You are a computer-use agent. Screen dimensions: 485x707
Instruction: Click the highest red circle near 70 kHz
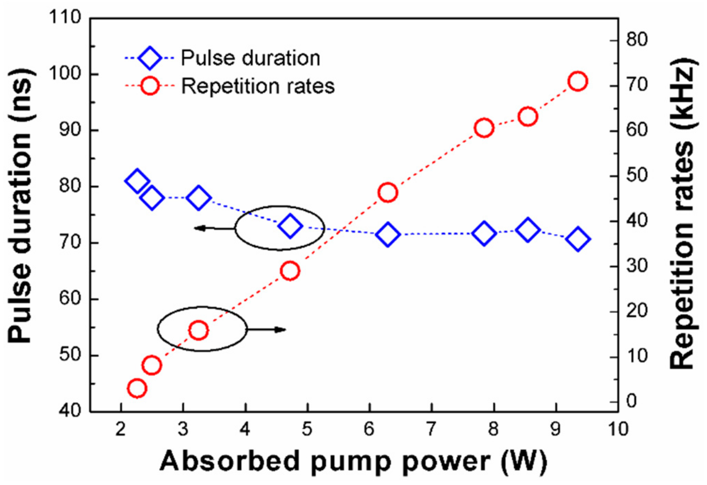(x=578, y=81)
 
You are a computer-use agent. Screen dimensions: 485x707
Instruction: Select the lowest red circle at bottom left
(x=137, y=389)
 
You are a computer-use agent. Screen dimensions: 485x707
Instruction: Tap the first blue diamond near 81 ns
(x=137, y=180)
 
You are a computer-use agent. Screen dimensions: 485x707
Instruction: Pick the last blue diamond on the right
(x=578, y=239)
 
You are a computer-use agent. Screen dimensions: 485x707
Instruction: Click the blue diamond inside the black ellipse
(x=290, y=226)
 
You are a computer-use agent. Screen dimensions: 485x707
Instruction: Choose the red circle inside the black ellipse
(x=198, y=330)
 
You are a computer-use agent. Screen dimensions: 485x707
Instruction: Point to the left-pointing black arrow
(x=214, y=228)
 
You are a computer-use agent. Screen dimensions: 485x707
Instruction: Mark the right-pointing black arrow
(x=267, y=330)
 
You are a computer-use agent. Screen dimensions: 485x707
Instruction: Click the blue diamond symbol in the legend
(x=150, y=58)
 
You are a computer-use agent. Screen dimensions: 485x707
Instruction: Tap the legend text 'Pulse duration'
(x=251, y=58)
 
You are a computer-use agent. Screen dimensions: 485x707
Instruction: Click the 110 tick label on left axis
(x=65, y=17)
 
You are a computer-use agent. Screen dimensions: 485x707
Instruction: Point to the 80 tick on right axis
(x=637, y=40)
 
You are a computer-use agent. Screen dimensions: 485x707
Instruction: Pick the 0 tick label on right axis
(x=631, y=401)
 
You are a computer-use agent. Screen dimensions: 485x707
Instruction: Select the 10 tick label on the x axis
(x=618, y=430)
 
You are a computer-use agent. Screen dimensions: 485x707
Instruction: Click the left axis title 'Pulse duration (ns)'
(x=21, y=205)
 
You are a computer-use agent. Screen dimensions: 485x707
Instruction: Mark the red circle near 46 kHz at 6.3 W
(x=388, y=193)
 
